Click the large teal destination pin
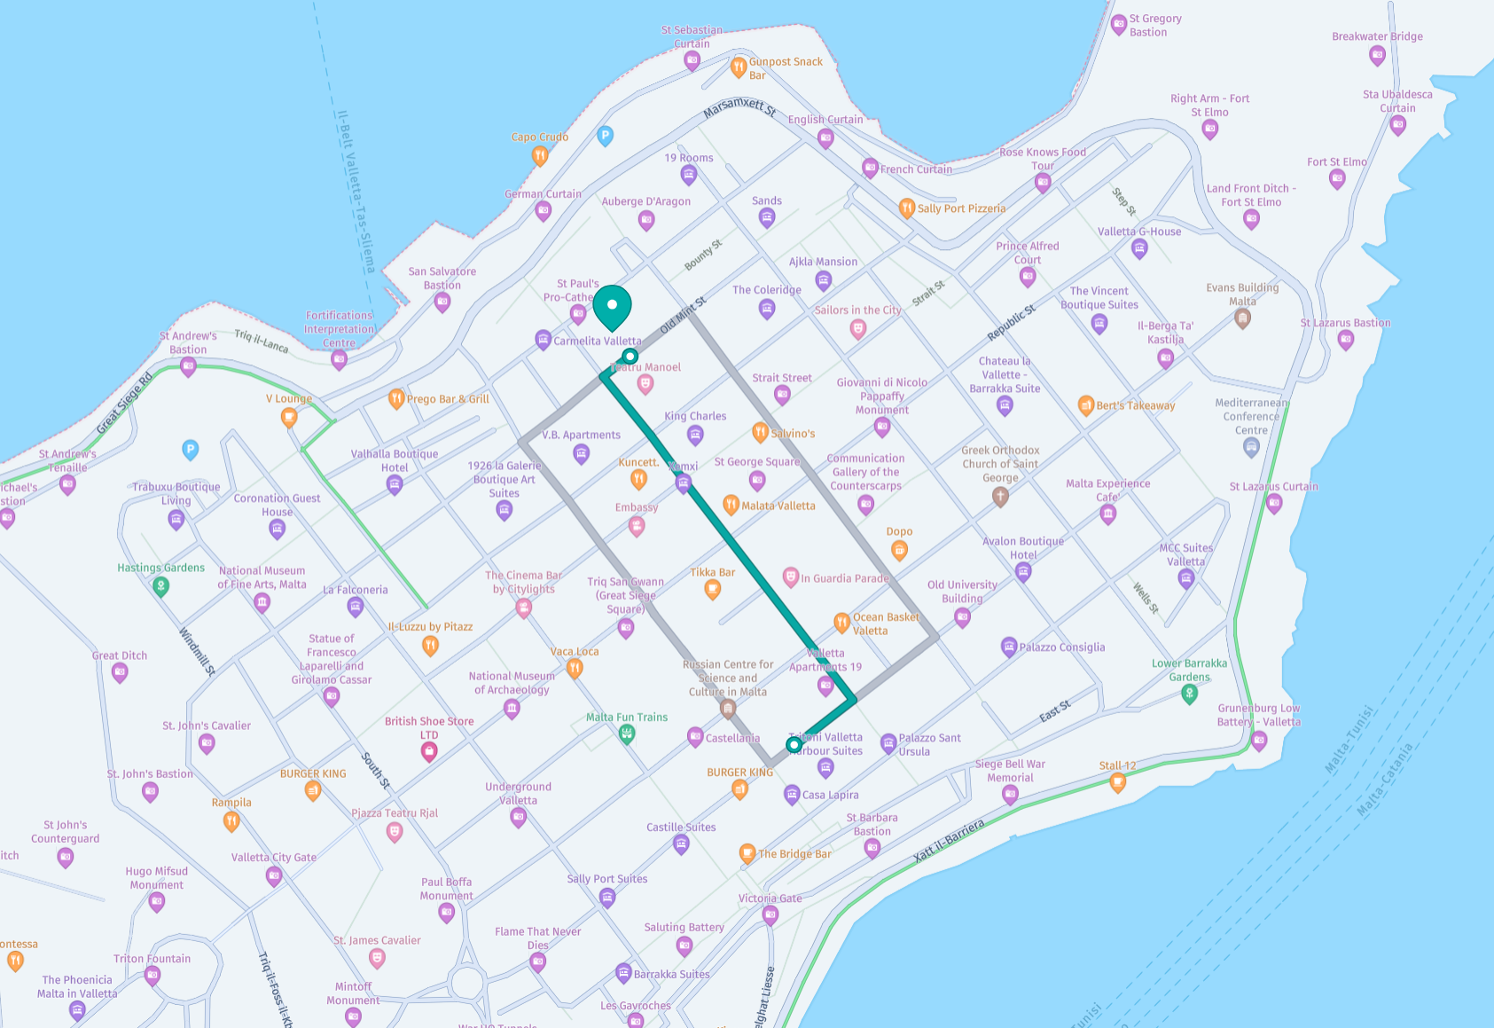coord(612,307)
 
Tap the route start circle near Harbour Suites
coord(794,745)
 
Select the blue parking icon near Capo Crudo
coord(605,136)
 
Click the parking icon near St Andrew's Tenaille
coord(190,450)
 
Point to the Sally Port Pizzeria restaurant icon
coord(906,208)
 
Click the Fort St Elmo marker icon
coord(1337,179)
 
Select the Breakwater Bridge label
coord(1377,36)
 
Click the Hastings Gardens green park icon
coord(160,585)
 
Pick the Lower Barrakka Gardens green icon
coord(1190,694)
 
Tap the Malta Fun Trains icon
coord(627,734)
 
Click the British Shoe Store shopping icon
coord(429,752)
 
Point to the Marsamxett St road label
coord(739,108)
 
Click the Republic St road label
coord(1011,323)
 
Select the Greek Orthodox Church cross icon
coord(1000,497)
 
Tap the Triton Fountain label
coord(152,959)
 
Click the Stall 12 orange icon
coord(1117,782)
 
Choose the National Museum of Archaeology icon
coord(512,708)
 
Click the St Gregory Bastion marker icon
coord(1119,25)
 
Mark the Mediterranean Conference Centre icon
coord(1251,448)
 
